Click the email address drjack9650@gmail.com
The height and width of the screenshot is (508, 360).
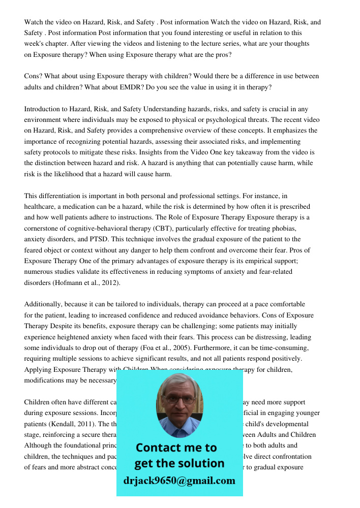179,481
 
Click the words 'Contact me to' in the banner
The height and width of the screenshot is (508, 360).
176,448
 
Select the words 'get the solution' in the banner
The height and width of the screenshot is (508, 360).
179,463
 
